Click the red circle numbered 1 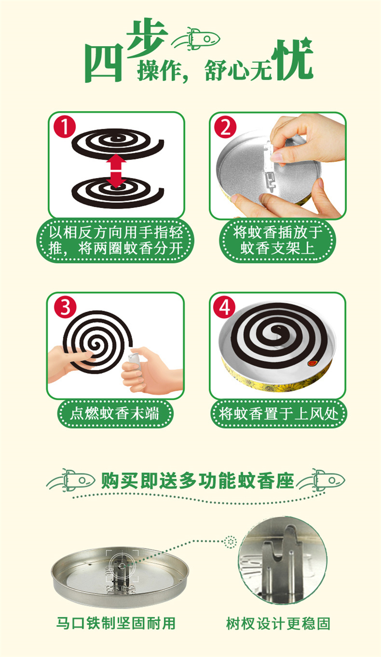pyautogui.click(x=65, y=127)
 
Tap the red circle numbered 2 pyautogui.click(x=226, y=127)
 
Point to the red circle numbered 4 pyautogui.click(x=225, y=307)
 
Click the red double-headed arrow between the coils pyautogui.click(x=117, y=170)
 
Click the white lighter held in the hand pyautogui.click(x=134, y=361)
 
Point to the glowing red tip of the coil pyautogui.click(x=312, y=363)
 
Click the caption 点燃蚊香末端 pyautogui.click(x=115, y=414)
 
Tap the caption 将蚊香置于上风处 pyautogui.click(x=278, y=414)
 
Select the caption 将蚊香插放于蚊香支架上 pyautogui.click(x=277, y=240)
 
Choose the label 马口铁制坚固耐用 pyautogui.click(x=116, y=624)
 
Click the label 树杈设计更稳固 pyautogui.click(x=278, y=624)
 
